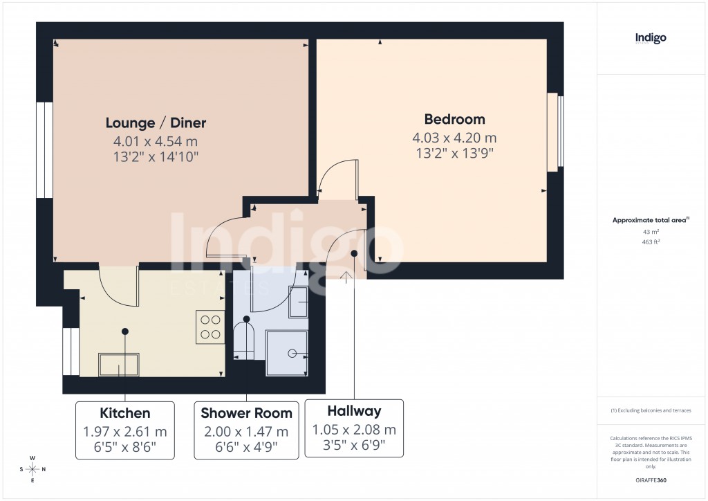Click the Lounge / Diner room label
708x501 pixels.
pos(156,123)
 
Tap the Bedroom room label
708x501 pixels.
pos(454,119)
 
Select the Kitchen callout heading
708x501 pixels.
pos(125,414)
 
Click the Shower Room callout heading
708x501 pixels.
pos(246,414)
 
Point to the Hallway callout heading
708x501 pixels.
pos(354,411)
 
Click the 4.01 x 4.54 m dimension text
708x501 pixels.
pos(156,141)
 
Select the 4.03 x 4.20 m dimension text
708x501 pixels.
pos(454,137)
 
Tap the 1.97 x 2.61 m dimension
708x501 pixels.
pos(125,431)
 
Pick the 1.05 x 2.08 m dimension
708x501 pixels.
pos(354,429)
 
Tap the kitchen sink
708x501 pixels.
pos(119,364)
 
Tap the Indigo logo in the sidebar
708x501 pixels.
pos(651,39)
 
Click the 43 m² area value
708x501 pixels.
pos(651,231)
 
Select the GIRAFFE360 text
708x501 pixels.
pos(651,480)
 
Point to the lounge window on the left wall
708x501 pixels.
pos(45,150)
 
